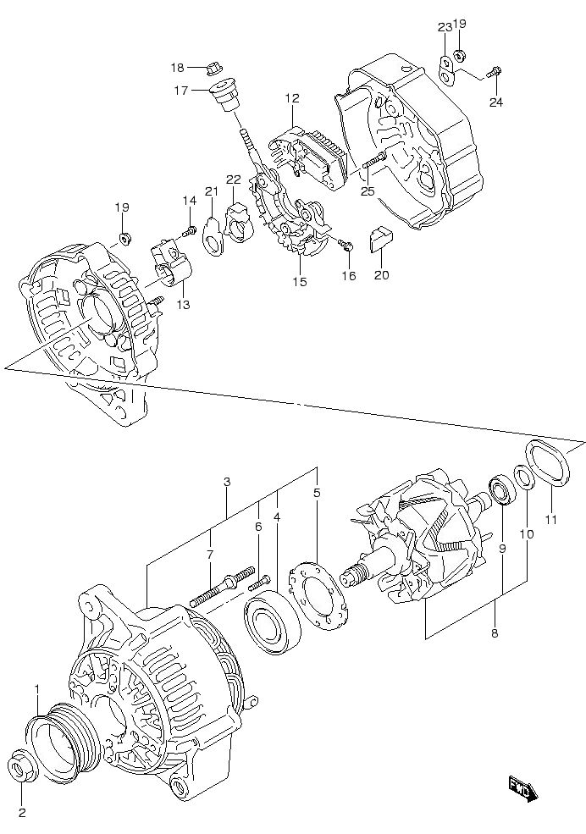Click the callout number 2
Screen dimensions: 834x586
point(22,814)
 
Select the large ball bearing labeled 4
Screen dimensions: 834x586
point(272,624)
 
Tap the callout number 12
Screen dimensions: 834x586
point(292,98)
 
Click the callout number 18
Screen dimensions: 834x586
point(177,68)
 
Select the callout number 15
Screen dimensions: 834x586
point(300,282)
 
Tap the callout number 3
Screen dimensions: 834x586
point(227,482)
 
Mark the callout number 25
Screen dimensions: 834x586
point(367,191)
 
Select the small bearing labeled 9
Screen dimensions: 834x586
point(498,493)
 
